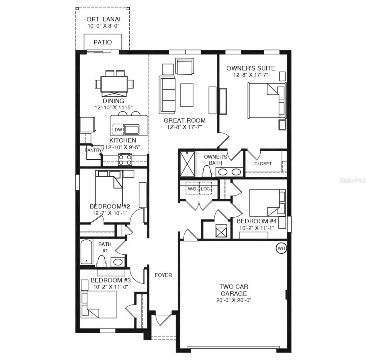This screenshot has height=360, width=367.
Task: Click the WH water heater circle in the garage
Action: tap(281, 248)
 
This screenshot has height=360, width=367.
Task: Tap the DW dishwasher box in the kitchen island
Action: tap(118, 130)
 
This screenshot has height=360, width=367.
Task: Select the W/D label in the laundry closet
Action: tap(192, 189)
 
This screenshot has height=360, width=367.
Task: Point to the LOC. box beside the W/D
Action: tap(205, 189)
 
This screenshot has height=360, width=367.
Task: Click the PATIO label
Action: tap(103, 42)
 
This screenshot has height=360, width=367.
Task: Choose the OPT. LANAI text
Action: tap(103, 20)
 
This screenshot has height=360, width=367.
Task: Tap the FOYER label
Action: tap(163, 275)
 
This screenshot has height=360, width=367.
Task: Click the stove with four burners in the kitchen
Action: tap(125, 160)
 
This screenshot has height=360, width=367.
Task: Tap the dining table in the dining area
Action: tap(114, 83)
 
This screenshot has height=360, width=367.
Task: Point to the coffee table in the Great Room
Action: tap(187, 95)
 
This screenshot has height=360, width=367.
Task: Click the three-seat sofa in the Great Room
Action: tap(167, 94)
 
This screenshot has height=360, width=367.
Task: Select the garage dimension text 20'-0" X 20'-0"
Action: tap(234, 300)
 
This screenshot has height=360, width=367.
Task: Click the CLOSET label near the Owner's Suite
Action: tap(263, 164)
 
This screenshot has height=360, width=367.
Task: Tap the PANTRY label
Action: tap(93, 150)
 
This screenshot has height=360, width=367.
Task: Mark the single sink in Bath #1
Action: tap(118, 262)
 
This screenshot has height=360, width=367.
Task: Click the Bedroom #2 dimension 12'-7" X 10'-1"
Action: tap(110, 213)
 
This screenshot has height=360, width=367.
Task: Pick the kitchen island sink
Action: tap(132, 129)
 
